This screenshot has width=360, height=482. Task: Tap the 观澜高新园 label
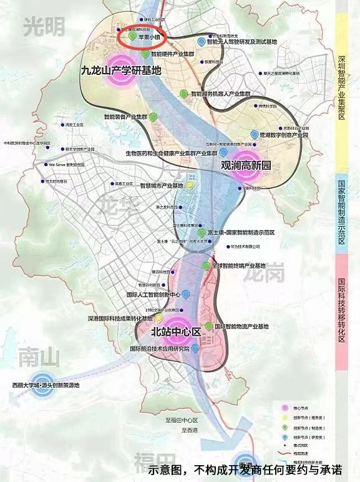[246, 166]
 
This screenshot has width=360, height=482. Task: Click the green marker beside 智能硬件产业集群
[145, 54]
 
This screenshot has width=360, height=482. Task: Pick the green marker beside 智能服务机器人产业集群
[183, 93]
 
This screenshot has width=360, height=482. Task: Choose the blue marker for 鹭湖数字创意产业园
[253, 134]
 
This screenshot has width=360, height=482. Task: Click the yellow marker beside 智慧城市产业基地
[190, 185]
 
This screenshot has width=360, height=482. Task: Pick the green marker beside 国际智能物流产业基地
[209, 327]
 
